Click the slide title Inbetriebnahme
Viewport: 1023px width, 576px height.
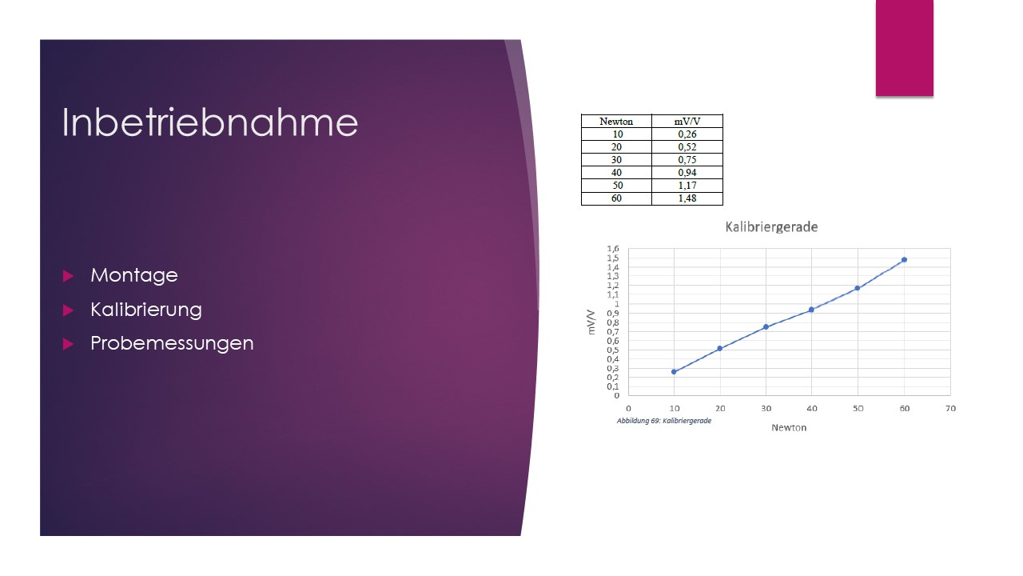click(209, 122)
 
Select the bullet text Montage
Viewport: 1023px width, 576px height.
click(133, 276)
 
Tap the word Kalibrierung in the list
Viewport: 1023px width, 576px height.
click(146, 310)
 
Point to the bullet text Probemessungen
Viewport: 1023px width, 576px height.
click(172, 343)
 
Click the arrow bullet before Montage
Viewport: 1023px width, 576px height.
click(68, 276)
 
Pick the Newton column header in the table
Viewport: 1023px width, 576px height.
click(616, 121)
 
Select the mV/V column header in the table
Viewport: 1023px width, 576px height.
click(687, 121)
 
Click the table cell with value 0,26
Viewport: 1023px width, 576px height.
click(687, 134)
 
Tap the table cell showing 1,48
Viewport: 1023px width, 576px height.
click(687, 198)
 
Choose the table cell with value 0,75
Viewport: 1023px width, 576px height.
click(687, 159)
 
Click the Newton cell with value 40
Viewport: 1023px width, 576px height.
click(616, 172)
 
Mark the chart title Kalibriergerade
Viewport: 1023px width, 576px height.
click(771, 227)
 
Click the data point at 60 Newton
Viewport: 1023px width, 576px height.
click(904, 260)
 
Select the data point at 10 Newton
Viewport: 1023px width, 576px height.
click(674, 372)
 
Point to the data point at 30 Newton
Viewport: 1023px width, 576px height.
click(766, 327)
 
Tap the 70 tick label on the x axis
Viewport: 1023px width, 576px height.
click(950, 408)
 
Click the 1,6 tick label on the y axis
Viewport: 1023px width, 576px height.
click(613, 248)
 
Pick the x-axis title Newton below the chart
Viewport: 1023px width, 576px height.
click(789, 427)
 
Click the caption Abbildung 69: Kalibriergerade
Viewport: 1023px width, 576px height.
click(664, 421)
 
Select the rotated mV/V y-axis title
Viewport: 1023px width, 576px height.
click(591, 322)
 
